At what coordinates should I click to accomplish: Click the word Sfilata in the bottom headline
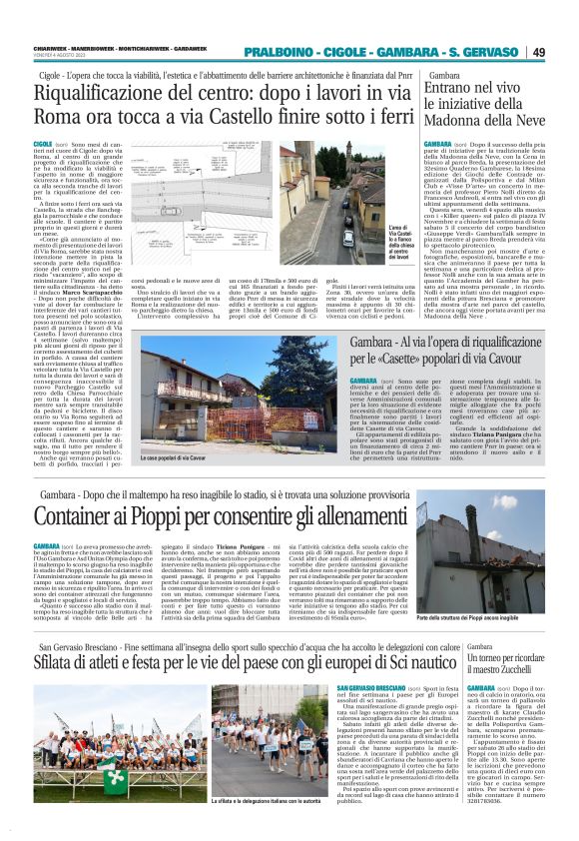click(63, 662)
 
